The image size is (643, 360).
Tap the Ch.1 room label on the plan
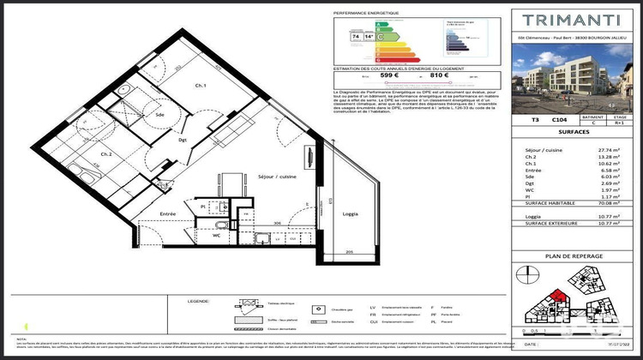pyautogui.click(x=200, y=86)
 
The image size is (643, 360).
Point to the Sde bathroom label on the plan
pyautogui.click(x=159, y=113)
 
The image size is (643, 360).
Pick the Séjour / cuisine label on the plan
pyautogui.click(x=276, y=177)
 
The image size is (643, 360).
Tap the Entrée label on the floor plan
pyautogui.click(x=167, y=214)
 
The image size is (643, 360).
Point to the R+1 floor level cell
pyautogui.click(x=621, y=123)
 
